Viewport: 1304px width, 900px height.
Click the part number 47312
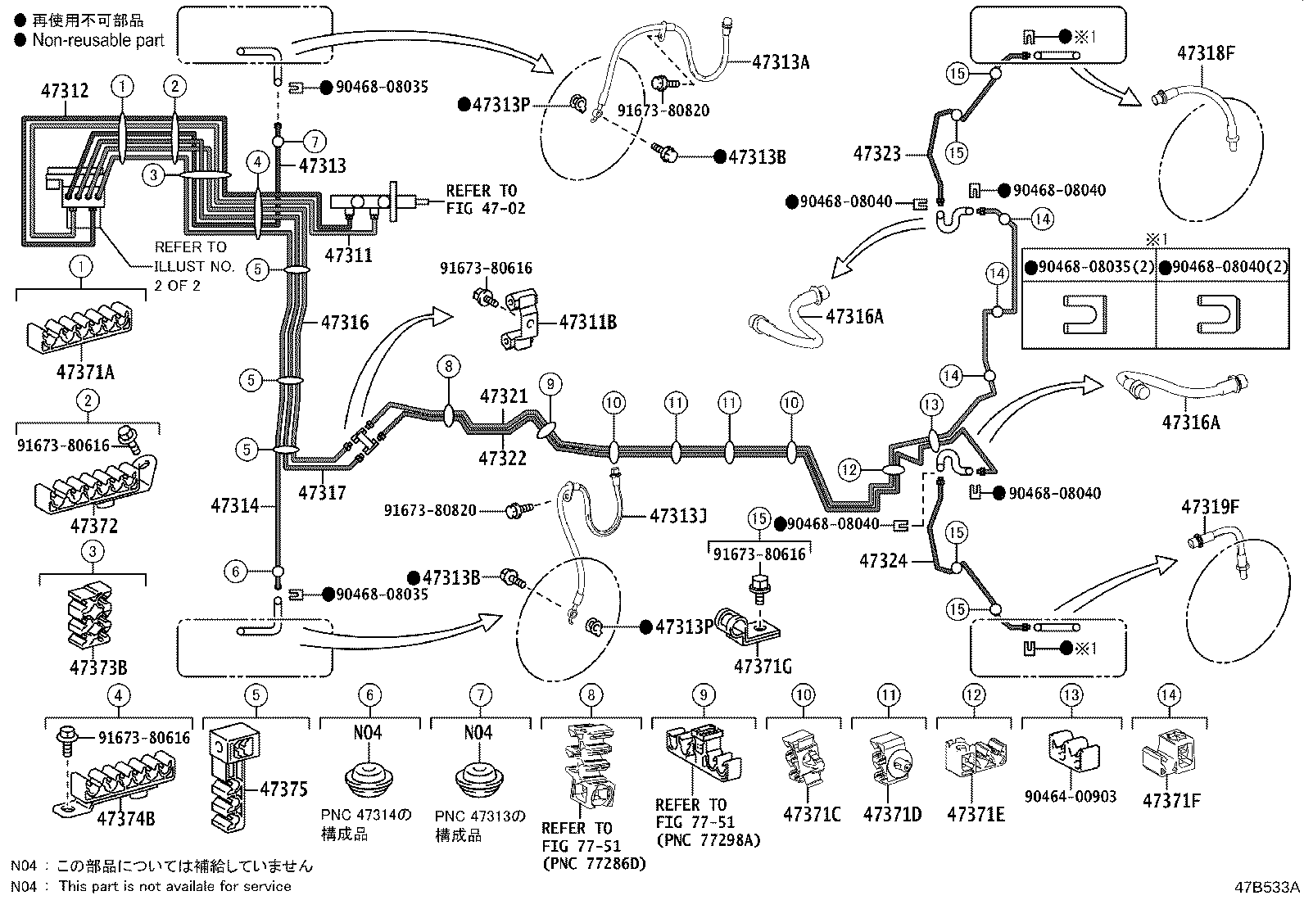(65, 91)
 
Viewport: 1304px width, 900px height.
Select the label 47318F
(1206, 53)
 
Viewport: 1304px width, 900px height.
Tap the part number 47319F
(1209, 508)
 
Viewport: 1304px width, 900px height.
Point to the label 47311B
(587, 323)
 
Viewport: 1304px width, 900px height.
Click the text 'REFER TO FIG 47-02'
(485, 200)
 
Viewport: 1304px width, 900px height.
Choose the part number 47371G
(763, 667)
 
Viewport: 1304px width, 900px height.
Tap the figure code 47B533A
(1268, 887)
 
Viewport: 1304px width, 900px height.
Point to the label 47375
(283, 789)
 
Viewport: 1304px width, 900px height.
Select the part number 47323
(876, 153)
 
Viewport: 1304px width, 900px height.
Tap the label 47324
(883, 561)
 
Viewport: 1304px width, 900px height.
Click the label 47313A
(781, 62)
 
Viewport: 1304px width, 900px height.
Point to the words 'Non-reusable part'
(98, 40)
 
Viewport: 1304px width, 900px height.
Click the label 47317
(322, 492)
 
